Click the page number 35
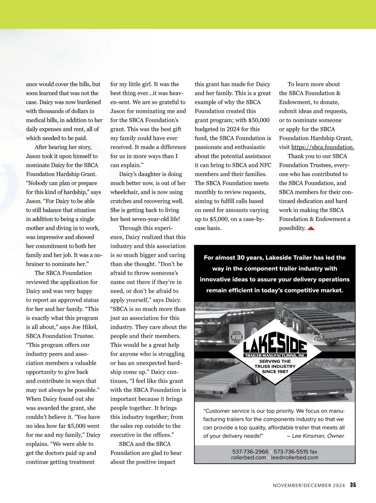click(x=353, y=485)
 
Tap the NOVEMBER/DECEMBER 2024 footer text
click(x=309, y=485)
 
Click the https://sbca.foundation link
click(x=323, y=147)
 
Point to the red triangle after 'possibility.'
click(x=311, y=228)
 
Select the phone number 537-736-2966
click(x=250, y=452)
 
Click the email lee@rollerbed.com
click(x=295, y=458)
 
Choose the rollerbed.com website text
click(x=248, y=458)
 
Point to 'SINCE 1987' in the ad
click(x=275, y=371)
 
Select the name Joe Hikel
click(x=85, y=327)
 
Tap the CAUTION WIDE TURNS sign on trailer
click(x=237, y=337)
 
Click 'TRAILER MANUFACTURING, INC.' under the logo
click(x=275, y=356)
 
